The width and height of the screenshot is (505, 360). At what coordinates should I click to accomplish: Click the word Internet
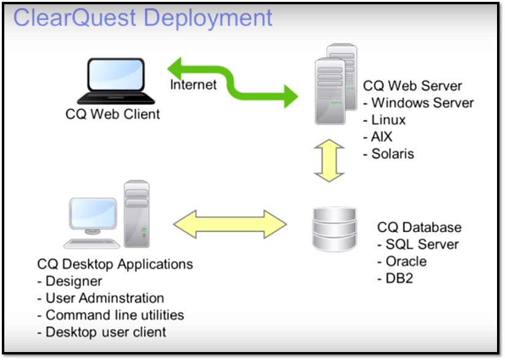click(x=193, y=85)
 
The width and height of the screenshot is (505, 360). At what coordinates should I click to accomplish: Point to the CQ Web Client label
click(x=112, y=114)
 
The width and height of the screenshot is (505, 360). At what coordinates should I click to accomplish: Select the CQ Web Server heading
click(x=412, y=86)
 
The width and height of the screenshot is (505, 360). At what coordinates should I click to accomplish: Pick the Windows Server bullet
click(x=422, y=103)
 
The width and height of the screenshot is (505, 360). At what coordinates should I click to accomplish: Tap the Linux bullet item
click(x=388, y=120)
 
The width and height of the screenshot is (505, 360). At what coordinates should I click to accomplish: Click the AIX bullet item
click(x=382, y=137)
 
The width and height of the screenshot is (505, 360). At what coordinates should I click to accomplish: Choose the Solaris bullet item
click(x=393, y=153)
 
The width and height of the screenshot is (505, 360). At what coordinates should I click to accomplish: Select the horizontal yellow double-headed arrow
click(x=230, y=223)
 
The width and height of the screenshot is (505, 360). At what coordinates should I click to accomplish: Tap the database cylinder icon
click(x=333, y=229)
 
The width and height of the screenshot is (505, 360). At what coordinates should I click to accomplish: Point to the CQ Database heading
click(x=419, y=228)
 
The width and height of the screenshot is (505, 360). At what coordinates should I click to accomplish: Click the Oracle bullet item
click(x=406, y=261)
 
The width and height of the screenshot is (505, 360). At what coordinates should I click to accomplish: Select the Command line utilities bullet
click(x=114, y=315)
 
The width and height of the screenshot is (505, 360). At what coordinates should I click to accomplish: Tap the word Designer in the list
click(x=74, y=281)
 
